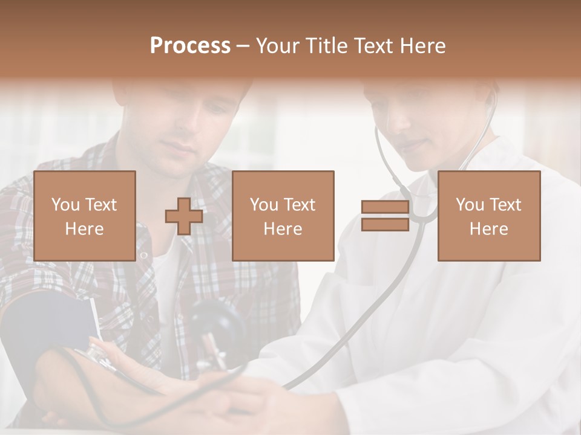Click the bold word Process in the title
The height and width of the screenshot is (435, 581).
[190, 46]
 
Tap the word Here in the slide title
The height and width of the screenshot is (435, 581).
[422, 46]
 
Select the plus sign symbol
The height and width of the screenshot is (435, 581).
[184, 216]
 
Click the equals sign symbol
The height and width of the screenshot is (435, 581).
[385, 216]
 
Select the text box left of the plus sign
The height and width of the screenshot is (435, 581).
[85, 216]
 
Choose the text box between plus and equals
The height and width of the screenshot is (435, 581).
[283, 216]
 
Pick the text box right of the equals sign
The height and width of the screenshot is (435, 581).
[489, 216]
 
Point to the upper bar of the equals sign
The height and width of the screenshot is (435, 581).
[385, 207]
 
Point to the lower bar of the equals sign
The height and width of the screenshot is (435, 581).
[385, 225]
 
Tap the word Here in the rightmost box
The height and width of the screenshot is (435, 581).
[489, 229]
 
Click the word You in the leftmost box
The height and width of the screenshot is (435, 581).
[65, 205]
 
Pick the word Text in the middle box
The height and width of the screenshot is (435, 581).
[300, 205]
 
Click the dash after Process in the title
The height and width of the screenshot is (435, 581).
[243, 46]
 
